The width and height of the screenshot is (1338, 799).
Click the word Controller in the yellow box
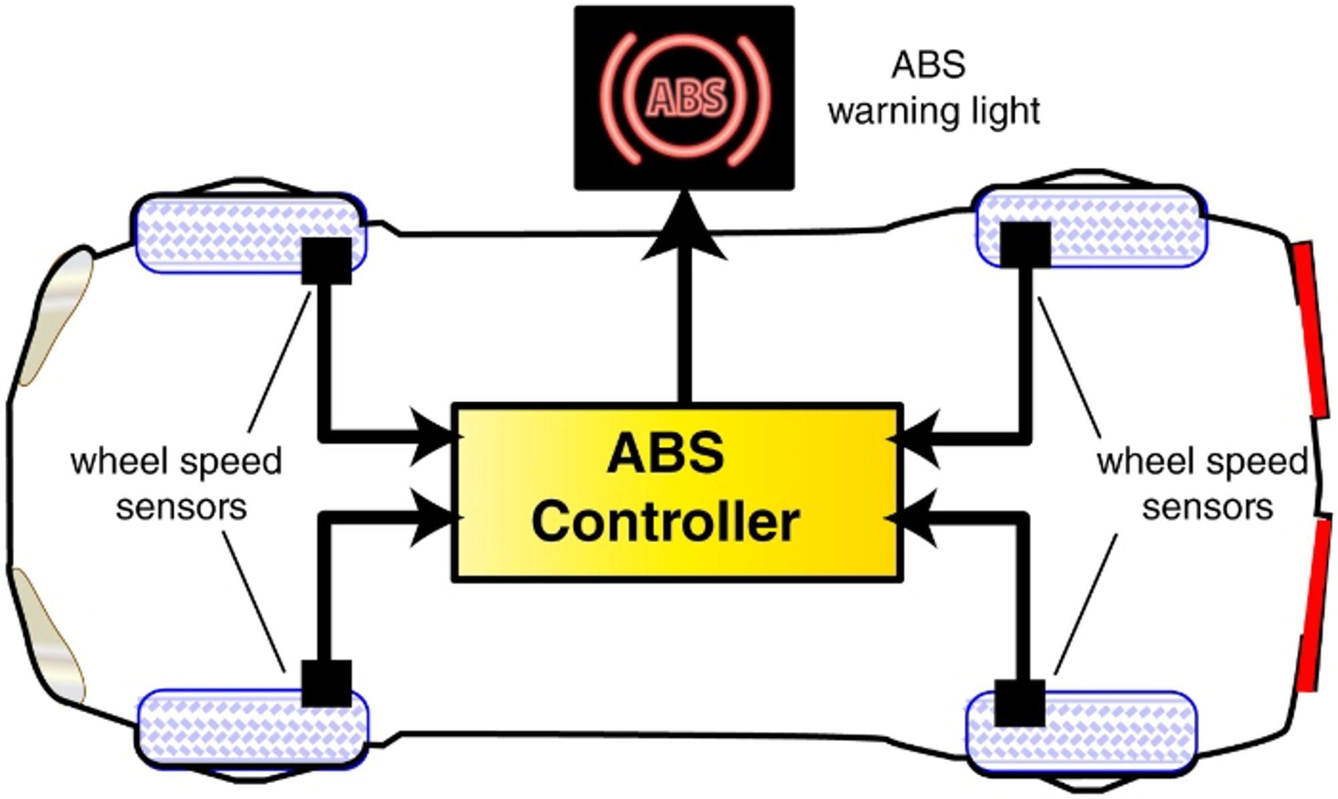[665, 523]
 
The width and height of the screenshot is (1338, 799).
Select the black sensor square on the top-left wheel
[326, 261]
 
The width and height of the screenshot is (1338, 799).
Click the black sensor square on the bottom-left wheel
[326, 683]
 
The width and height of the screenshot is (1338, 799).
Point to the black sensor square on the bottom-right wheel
[1020, 703]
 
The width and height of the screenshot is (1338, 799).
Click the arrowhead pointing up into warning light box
[684, 228]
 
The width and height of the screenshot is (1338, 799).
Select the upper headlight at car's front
[57, 315]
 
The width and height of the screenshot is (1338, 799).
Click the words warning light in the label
[934, 111]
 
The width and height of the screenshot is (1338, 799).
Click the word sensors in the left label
[181, 507]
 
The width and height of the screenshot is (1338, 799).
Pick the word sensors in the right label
[1207, 507]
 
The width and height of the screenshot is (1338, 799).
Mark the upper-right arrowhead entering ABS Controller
[917, 439]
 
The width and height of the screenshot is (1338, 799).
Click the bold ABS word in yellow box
[665, 454]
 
